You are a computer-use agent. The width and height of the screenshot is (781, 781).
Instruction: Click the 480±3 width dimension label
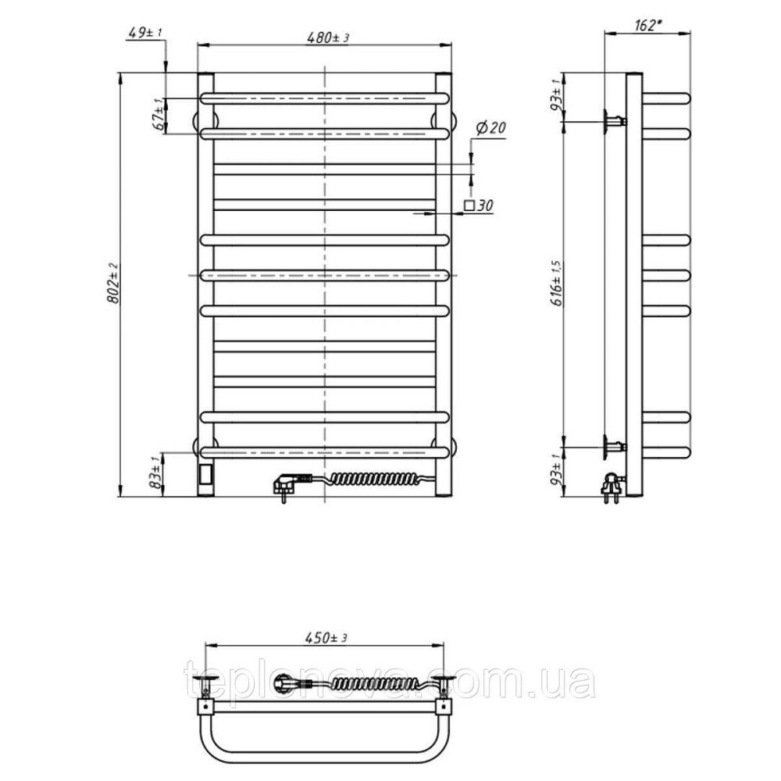(328, 37)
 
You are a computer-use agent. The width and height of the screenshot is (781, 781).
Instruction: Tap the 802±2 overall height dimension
(114, 284)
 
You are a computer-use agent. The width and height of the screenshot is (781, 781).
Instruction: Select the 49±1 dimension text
(145, 33)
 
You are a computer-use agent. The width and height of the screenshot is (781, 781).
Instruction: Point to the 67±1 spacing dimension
(159, 115)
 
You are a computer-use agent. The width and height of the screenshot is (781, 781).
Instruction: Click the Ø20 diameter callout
(490, 129)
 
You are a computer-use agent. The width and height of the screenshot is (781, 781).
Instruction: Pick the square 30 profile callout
(479, 205)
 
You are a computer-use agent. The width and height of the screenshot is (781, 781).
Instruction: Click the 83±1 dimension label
(157, 473)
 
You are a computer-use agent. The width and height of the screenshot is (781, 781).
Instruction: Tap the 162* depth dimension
(647, 26)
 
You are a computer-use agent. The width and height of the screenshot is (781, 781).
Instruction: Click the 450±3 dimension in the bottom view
(326, 637)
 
